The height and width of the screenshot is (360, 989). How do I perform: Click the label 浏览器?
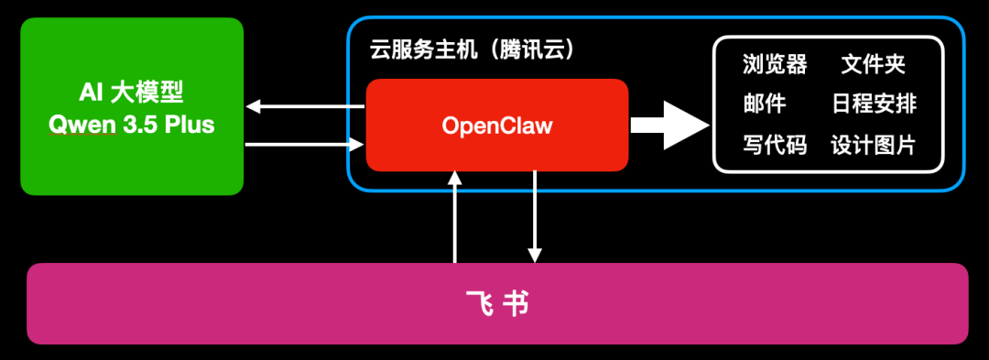point(775,64)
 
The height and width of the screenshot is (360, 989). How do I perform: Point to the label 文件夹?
point(874,64)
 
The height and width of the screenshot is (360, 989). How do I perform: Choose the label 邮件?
point(764,104)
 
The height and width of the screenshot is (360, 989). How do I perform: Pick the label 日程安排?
point(874,104)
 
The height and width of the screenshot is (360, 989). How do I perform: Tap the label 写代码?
point(775,144)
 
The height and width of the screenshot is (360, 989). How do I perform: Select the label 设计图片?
point(874,144)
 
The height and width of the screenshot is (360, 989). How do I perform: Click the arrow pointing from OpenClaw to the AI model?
point(305,107)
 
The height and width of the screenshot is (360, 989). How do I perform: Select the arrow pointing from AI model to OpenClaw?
point(305,143)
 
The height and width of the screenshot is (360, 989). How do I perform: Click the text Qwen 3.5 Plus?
point(132,125)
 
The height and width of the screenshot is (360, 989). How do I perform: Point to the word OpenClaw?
point(497,125)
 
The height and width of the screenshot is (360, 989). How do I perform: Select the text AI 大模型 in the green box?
point(132,93)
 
